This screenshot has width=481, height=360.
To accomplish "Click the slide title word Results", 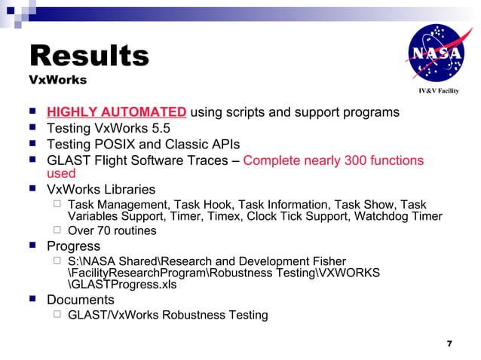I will pos(88,56).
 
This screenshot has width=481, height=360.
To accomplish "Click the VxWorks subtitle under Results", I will pos(57,80).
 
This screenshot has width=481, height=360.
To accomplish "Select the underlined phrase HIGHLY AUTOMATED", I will pos(117,113).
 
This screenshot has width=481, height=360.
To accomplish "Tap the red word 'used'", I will pos(61,174).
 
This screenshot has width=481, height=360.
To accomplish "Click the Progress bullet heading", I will pos(73,246).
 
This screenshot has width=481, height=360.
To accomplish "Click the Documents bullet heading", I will pos(80,300).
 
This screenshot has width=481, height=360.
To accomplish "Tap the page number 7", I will pos(449,343).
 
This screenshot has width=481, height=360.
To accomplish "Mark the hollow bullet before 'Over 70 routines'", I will pos(57,230).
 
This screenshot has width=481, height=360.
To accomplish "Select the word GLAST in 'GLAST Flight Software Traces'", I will pos(67,160).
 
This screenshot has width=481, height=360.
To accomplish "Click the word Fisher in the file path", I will pos(327,261).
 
